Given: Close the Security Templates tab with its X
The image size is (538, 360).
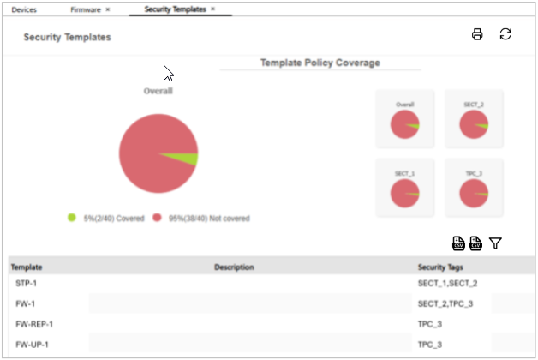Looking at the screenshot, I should [212, 9].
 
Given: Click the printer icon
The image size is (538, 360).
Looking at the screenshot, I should [477, 34].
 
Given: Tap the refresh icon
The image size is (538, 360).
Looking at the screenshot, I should [505, 34].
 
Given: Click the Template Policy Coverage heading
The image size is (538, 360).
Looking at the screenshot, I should [320, 63].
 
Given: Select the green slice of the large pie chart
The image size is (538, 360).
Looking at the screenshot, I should [189, 159].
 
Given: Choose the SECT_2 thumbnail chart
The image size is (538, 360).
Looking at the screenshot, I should [474, 118].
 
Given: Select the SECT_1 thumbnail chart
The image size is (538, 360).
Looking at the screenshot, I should [404, 187].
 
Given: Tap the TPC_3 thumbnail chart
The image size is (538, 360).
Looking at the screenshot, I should [474, 187].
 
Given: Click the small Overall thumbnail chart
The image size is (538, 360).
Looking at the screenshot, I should [404, 118].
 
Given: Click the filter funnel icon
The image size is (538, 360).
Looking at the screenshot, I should [495, 244].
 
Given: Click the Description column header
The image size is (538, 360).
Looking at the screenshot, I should [234, 267].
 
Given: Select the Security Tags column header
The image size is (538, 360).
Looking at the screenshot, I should [440, 267].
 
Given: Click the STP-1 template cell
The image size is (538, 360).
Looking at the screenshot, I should [26, 283].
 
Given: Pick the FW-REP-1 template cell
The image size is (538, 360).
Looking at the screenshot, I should [34, 324].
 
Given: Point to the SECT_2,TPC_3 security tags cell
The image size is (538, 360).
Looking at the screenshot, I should [445, 303].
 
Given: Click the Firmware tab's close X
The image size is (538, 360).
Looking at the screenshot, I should [107, 9].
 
